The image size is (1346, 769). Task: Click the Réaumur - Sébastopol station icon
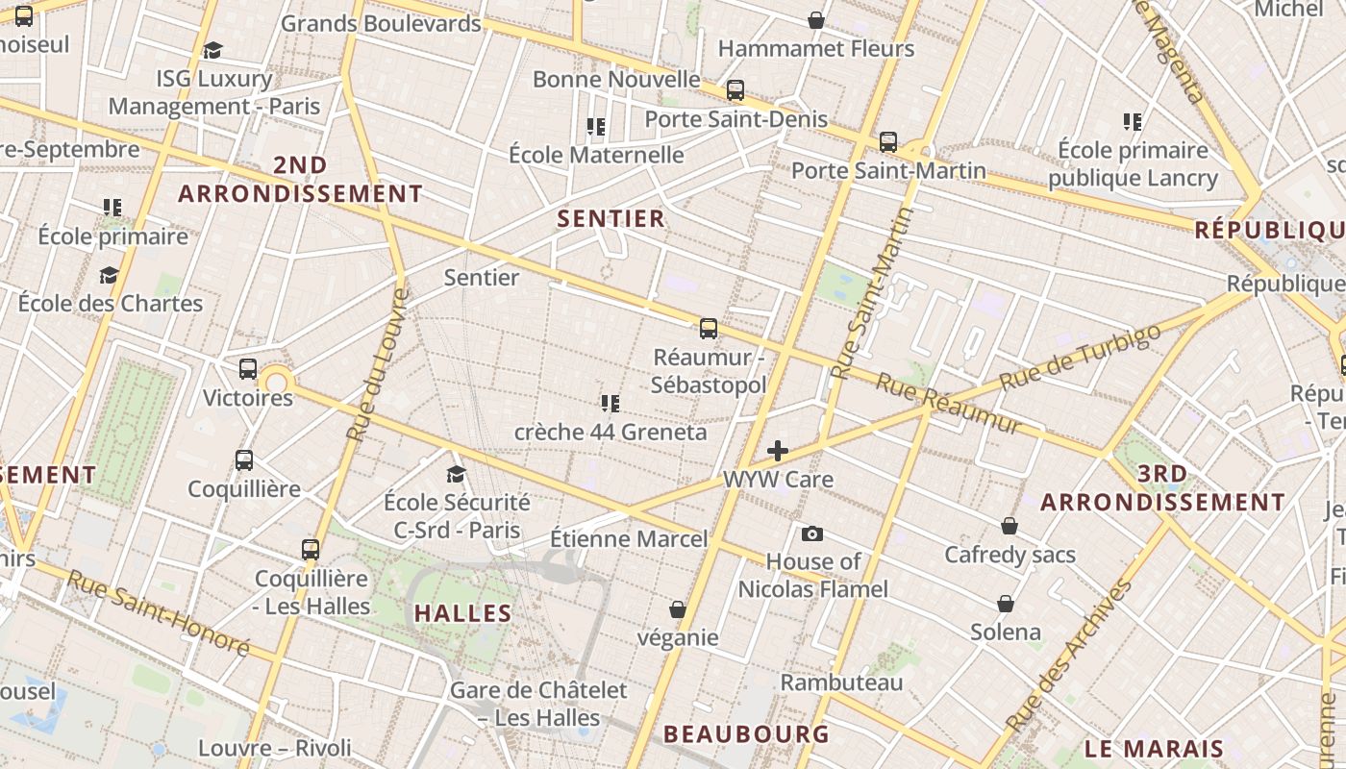click(x=709, y=329)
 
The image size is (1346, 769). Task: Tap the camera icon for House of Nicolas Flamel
click(x=812, y=533)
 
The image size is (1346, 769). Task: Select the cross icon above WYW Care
click(x=778, y=450)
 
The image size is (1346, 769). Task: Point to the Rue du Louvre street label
click(x=377, y=365)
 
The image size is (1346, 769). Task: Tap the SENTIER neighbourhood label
click(x=611, y=218)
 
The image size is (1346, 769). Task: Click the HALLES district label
click(x=463, y=612)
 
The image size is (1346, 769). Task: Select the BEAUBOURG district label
click(x=746, y=733)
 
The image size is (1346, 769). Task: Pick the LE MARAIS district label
click(x=1154, y=748)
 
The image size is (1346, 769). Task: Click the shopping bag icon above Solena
click(x=1006, y=604)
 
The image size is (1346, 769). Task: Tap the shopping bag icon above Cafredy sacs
click(x=1009, y=526)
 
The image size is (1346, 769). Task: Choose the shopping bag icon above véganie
click(x=678, y=609)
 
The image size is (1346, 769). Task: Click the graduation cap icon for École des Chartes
click(x=109, y=275)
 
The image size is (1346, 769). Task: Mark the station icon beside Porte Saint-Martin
click(x=888, y=142)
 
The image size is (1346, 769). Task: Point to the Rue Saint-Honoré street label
click(x=159, y=612)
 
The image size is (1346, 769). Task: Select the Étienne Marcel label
click(x=629, y=539)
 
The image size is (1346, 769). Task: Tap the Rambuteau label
click(x=841, y=682)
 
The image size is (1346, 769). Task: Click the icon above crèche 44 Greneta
click(x=611, y=403)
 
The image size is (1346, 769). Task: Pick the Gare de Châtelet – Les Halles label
click(x=538, y=704)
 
